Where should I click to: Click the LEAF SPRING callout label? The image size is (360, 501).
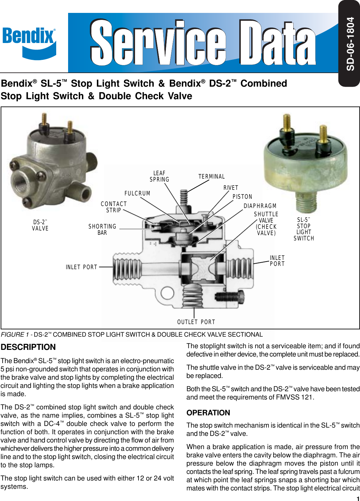(159, 176)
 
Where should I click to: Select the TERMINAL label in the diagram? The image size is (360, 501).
(212, 177)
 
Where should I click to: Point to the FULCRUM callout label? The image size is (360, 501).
(137, 193)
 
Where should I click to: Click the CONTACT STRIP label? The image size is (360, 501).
(114, 207)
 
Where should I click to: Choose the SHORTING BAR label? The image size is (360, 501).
(102, 230)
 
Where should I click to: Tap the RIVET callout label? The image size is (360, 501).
(231, 188)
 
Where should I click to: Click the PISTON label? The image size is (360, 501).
(242, 197)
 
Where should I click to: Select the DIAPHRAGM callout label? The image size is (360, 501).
(260, 206)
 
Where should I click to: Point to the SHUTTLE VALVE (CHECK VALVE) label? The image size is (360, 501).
(266, 224)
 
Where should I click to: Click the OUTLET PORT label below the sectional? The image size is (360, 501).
(196, 322)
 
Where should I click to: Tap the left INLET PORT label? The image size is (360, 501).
(81, 267)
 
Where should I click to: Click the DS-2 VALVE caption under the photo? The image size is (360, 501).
(40, 225)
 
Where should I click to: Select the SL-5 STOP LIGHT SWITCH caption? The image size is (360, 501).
(303, 229)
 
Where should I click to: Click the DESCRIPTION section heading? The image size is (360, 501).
(28, 347)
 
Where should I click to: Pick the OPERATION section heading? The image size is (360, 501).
(208, 413)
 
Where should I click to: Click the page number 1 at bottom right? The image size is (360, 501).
(358, 498)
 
